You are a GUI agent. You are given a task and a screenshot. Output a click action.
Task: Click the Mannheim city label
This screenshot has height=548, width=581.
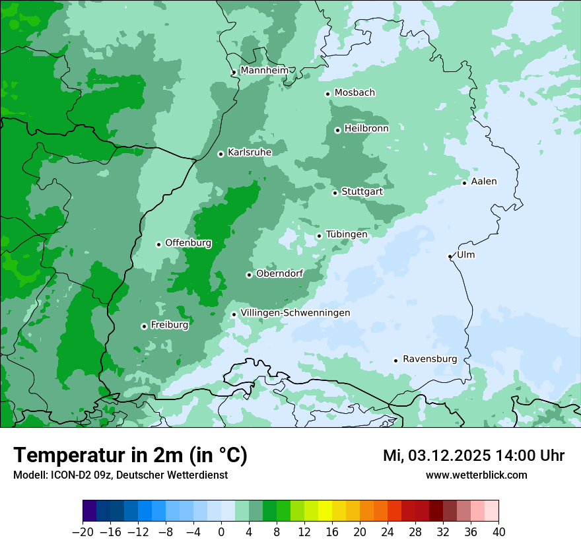click(264, 70)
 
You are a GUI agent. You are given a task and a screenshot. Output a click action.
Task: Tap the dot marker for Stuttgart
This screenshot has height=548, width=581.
click(335, 193)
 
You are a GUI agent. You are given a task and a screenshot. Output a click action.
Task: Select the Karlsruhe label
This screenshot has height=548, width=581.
click(249, 152)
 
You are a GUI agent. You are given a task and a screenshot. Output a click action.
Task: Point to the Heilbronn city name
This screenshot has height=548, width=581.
click(366, 128)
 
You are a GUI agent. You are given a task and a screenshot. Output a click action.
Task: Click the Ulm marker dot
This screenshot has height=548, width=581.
click(450, 256)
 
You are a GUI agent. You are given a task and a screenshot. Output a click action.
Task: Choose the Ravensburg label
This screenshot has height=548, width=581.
click(430, 359)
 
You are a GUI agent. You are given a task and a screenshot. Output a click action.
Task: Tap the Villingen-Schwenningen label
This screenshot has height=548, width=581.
click(295, 312)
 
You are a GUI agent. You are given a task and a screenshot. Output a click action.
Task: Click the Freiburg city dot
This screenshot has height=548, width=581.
click(144, 326)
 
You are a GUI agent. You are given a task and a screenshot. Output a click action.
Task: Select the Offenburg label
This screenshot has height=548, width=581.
click(188, 242)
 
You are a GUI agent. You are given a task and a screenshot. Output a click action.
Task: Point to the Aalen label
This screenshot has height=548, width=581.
click(484, 181)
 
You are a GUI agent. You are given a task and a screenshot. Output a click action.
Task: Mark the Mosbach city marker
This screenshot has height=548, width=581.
click(327, 94)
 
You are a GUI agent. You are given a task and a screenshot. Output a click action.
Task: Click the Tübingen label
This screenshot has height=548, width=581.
click(346, 234)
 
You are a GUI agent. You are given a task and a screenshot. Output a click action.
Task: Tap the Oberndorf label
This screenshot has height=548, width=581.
click(279, 273)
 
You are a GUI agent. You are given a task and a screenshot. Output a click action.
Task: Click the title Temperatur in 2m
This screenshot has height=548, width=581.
click(130, 455)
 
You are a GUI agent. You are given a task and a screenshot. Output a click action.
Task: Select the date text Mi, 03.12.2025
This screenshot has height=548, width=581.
click(436, 456)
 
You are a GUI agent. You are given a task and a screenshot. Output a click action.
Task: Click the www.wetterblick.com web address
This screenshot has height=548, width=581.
click(476, 475)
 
